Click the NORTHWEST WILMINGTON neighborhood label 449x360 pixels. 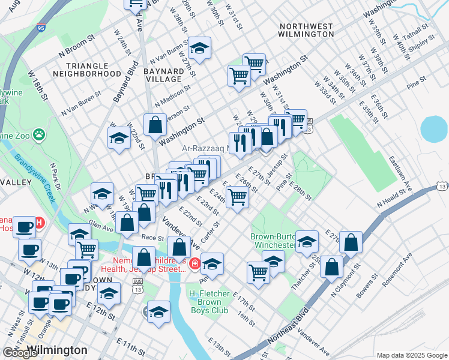(306, 30)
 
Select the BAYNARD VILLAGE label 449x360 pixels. (163, 75)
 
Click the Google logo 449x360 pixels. (20, 353)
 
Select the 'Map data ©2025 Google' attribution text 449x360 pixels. (411, 355)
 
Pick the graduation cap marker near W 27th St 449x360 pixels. (199, 47)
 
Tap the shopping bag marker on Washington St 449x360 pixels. (155, 125)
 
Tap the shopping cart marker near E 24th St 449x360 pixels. (238, 196)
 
